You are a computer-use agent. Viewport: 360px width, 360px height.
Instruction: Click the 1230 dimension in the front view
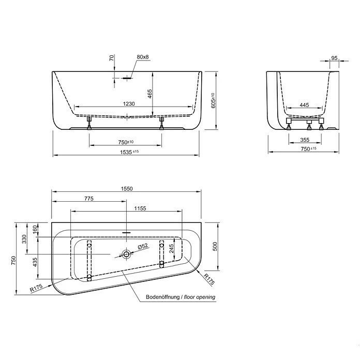pyautogui.click(x=129, y=104)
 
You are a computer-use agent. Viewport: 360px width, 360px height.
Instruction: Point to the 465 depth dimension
pyautogui.click(x=149, y=94)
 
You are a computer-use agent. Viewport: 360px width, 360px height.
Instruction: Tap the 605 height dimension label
pyautogui.click(x=213, y=99)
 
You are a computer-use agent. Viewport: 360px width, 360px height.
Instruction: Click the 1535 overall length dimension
pyautogui.click(x=129, y=152)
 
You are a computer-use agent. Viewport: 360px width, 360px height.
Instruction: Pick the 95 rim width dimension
pyautogui.click(x=334, y=58)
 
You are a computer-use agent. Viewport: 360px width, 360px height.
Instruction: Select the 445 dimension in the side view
pyautogui.click(x=304, y=105)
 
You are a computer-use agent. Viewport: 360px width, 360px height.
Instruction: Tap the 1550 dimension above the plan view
pyautogui.click(x=127, y=189)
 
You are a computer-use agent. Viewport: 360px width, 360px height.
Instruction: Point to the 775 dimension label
pyautogui.click(x=88, y=199)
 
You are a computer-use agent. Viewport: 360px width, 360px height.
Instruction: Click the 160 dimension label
pyautogui.click(x=36, y=229)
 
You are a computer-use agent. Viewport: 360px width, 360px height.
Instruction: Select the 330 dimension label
pyautogui.click(x=24, y=239)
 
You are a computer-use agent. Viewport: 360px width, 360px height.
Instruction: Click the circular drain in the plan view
pyautogui.click(x=126, y=254)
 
